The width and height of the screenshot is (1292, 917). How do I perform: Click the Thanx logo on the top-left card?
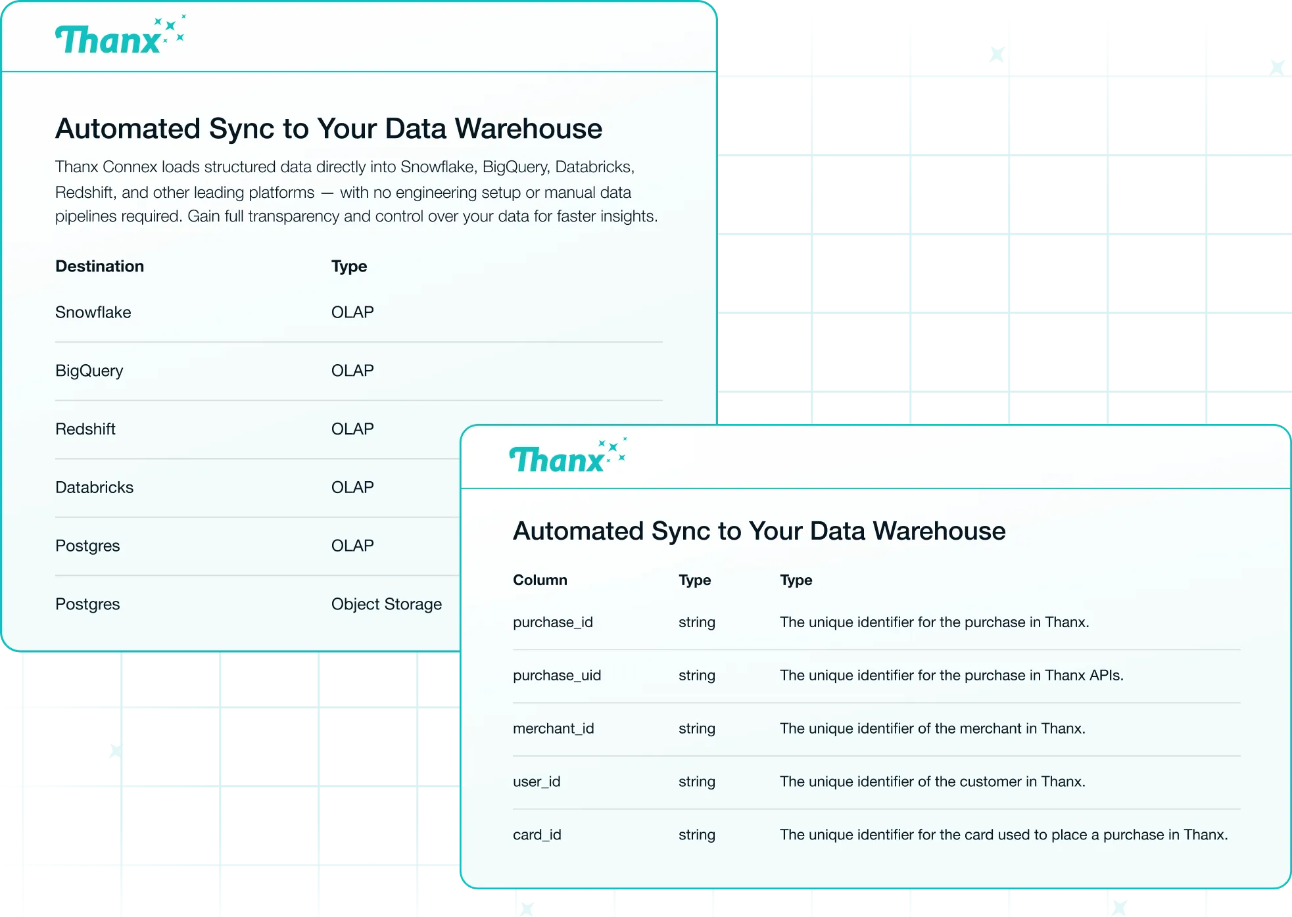click(x=120, y=35)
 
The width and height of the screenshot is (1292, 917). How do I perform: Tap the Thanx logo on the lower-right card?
click(x=567, y=456)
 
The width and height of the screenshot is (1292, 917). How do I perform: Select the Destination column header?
click(x=99, y=266)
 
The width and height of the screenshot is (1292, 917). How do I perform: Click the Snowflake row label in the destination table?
click(x=93, y=312)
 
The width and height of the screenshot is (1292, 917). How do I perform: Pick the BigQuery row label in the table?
click(x=89, y=371)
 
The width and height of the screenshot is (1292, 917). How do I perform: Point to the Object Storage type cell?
click(x=387, y=604)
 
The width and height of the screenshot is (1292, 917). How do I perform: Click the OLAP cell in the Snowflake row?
click(x=352, y=312)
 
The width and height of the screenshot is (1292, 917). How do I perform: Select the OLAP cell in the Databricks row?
click(x=352, y=487)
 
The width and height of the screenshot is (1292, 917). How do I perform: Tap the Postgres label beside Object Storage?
click(x=87, y=604)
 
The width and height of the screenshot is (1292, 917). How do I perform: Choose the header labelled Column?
click(x=540, y=580)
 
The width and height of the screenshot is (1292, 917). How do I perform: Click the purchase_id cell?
click(x=553, y=623)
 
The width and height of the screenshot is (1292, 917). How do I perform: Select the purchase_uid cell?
click(x=557, y=676)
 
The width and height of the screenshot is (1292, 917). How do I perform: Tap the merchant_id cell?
click(x=554, y=728)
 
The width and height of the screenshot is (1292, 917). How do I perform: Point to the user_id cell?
click(x=537, y=782)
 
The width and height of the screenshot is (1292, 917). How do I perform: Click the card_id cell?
click(x=537, y=835)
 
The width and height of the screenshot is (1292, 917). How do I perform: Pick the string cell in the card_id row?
click(x=697, y=835)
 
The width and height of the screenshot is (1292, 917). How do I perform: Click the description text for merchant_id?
click(x=932, y=728)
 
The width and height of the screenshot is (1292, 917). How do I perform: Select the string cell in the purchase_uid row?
click(x=697, y=676)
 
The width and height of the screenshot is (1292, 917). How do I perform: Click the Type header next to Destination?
click(x=349, y=266)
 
